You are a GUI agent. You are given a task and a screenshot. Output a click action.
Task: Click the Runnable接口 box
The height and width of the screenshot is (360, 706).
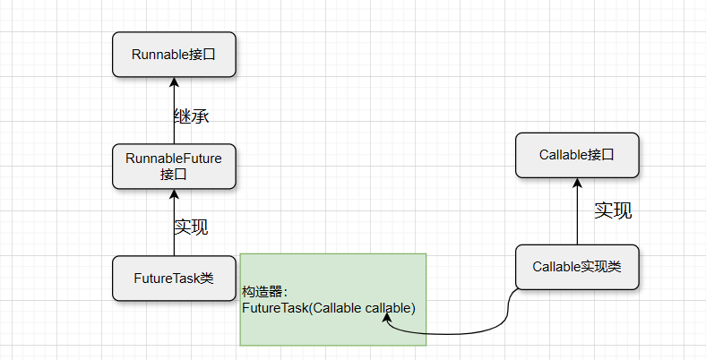(174, 54)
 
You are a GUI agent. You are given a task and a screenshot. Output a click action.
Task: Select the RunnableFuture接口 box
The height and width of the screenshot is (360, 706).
(174, 166)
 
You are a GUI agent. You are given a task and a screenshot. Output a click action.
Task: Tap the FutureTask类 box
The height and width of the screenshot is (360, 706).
(174, 278)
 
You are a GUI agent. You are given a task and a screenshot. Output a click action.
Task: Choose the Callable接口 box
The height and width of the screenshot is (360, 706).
(577, 155)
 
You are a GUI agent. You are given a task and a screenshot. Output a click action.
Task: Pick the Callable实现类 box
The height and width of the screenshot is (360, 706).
(577, 267)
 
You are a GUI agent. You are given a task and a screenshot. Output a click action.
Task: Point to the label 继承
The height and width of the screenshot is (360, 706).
(191, 116)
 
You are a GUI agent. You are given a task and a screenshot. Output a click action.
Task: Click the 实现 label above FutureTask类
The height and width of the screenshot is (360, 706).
(191, 227)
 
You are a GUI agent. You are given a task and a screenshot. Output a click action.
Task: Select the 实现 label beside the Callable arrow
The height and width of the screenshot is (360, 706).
(613, 210)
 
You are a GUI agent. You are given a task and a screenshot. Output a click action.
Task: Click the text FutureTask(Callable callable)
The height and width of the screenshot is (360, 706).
(328, 308)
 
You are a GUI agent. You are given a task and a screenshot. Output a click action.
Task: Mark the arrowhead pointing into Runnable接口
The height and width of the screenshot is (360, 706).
(174, 81)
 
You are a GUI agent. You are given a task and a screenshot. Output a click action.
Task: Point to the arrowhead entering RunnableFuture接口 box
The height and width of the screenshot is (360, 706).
(174, 193)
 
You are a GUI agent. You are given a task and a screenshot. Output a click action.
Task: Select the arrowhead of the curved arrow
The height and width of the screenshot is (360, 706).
(388, 317)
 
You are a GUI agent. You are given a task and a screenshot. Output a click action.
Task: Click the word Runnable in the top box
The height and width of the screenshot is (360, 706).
(160, 54)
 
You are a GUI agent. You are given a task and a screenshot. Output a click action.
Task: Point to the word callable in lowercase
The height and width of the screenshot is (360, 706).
(390, 308)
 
